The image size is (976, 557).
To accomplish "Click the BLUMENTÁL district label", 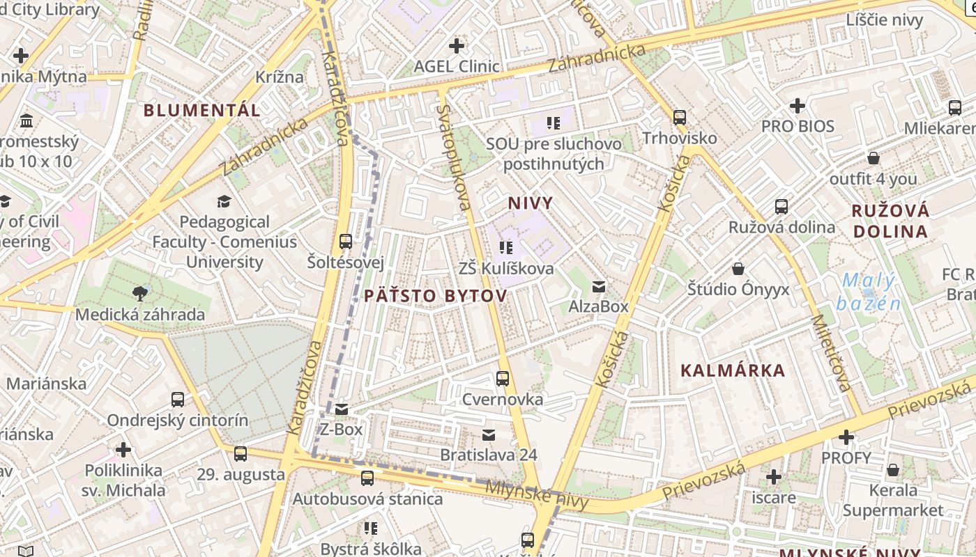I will [202, 110].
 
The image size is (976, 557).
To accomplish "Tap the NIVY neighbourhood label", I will [530, 203].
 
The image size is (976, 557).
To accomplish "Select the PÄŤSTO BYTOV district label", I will [435, 296].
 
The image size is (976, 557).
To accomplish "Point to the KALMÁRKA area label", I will [733, 370].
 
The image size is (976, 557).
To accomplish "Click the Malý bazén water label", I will [869, 292].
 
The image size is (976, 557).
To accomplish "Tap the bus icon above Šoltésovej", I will [345, 242].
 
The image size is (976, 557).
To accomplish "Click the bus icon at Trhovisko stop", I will [680, 117].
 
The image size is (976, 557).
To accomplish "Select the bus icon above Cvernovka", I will [502, 379].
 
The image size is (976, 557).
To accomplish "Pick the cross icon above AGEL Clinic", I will [457, 46].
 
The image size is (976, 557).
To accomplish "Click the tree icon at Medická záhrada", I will [140, 294].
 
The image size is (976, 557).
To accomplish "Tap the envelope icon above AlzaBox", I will [598, 286].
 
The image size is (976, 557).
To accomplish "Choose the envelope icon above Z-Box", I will [341, 409].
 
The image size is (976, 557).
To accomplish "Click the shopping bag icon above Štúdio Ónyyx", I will [738, 269].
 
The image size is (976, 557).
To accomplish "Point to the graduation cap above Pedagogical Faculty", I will [224, 202].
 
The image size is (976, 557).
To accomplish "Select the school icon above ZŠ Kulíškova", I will [506, 248].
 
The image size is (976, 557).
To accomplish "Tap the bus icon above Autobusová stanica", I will [367, 478].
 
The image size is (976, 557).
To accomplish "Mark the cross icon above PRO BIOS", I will [798, 106].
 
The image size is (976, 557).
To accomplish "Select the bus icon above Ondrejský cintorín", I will [178, 400].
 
